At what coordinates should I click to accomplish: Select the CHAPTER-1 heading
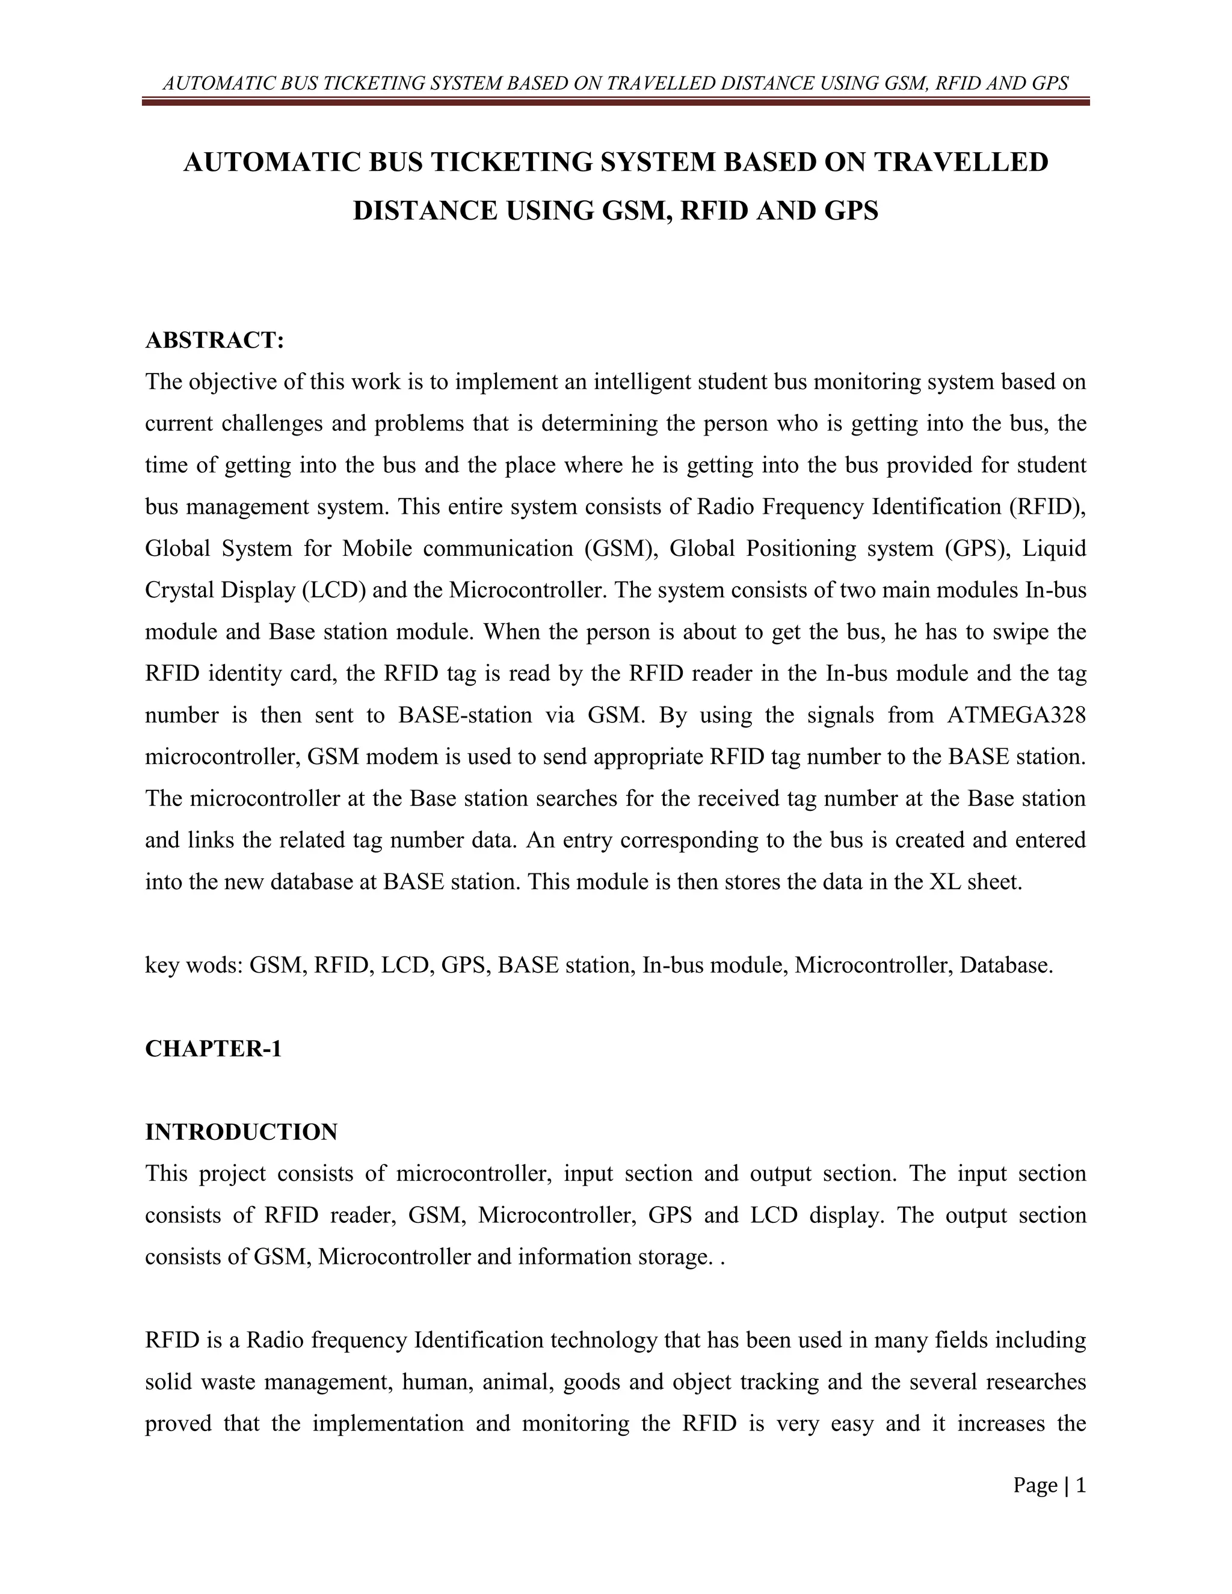(213, 1049)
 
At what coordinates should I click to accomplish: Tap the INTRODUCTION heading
(241, 1132)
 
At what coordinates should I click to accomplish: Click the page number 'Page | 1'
(1049, 1485)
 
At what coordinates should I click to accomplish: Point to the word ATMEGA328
(1016, 715)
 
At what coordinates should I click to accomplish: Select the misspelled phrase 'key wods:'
(194, 965)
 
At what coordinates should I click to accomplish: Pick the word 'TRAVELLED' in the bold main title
(961, 162)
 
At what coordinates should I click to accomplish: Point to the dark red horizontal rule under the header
(615, 102)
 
